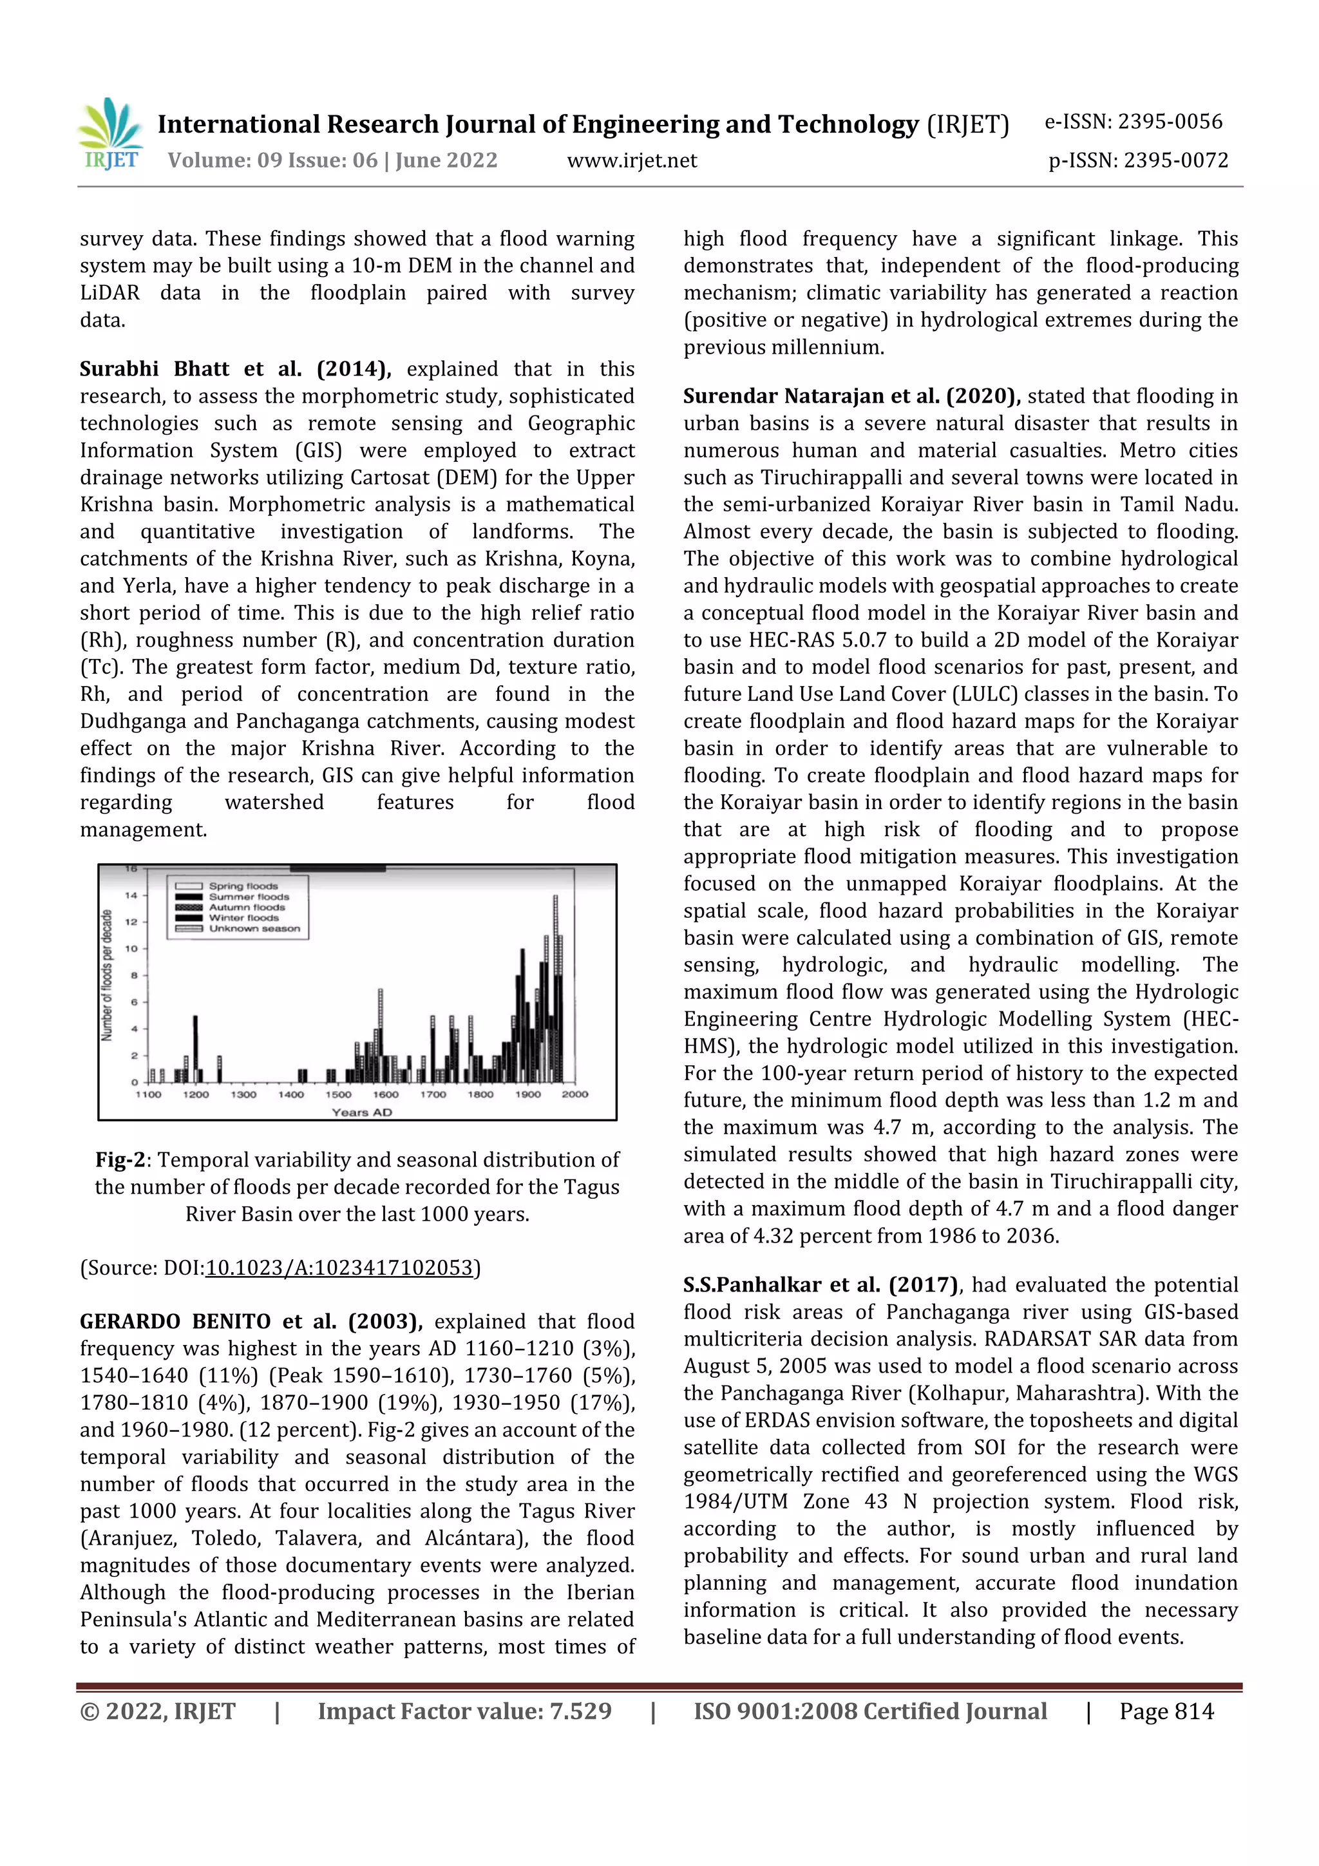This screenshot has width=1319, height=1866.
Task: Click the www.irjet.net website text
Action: pyautogui.click(x=631, y=160)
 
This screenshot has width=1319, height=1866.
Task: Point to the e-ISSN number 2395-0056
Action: pyautogui.click(x=1170, y=122)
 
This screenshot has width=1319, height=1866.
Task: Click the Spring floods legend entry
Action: pyautogui.click(x=242, y=886)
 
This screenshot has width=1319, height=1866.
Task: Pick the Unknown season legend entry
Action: pyautogui.click(x=254, y=928)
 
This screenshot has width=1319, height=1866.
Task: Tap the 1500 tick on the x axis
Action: pyautogui.click(x=338, y=1094)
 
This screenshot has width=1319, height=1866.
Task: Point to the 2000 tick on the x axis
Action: pyautogui.click(x=574, y=1094)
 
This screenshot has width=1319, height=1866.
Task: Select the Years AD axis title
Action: pyautogui.click(x=362, y=1112)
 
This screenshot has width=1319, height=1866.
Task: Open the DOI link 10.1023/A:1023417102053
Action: pyautogui.click(x=339, y=1268)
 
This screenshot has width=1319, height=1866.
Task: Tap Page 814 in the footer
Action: pyautogui.click(x=1166, y=1711)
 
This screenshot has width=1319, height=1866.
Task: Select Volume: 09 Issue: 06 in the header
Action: pyautogui.click(x=272, y=160)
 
